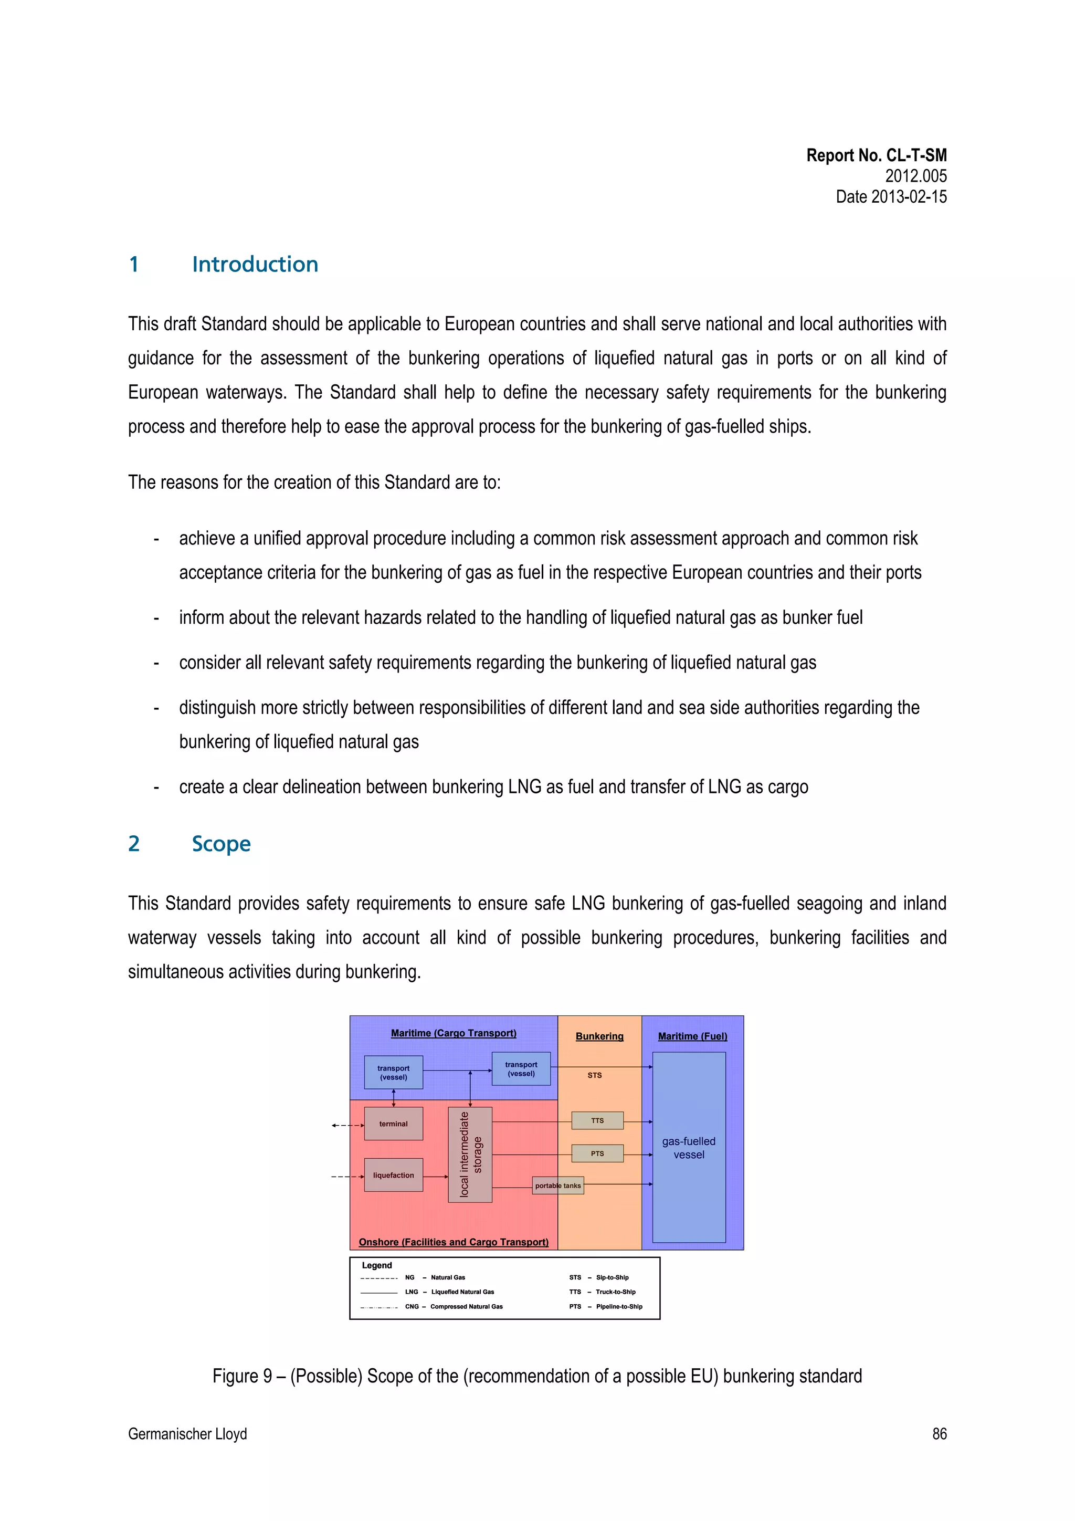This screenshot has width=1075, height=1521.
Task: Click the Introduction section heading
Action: pos(255,264)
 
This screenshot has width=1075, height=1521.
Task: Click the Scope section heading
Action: pos(220,844)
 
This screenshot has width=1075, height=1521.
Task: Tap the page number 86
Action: pos(939,1433)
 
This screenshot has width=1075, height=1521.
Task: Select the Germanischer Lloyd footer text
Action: pos(187,1433)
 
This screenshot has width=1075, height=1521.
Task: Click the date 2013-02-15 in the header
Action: pos(891,197)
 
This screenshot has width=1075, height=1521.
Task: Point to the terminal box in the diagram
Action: pos(394,1124)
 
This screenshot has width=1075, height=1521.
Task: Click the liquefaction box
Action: pos(394,1175)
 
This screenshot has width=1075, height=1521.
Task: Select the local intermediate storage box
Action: pos(470,1154)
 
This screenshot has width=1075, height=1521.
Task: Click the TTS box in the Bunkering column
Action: pos(597,1120)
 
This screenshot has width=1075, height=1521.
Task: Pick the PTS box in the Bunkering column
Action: pos(597,1153)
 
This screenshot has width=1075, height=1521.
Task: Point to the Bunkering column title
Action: pos(599,1036)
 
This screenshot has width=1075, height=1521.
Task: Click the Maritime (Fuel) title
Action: pos(692,1036)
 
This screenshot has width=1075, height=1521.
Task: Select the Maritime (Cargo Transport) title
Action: pos(454,1033)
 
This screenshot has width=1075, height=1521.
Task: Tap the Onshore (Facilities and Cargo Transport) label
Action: pos(454,1242)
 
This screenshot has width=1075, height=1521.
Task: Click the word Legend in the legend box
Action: pos(377,1265)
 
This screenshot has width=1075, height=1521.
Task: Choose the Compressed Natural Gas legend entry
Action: pos(466,1306)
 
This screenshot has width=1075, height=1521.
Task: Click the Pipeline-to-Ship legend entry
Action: pos(619,1306)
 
